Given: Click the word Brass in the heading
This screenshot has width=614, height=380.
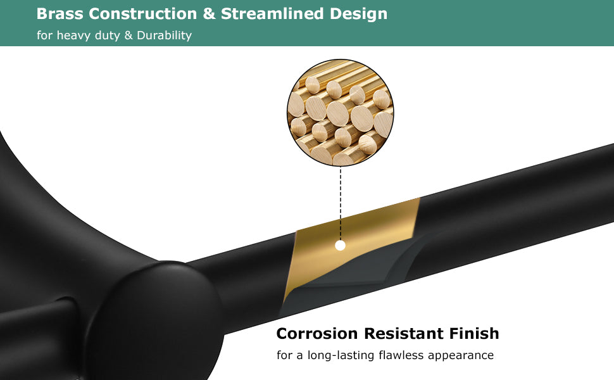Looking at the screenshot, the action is pos(60,14).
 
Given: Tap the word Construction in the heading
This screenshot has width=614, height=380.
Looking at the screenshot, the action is pos(143,14).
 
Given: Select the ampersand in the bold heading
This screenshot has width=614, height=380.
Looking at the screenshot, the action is pos(209,14).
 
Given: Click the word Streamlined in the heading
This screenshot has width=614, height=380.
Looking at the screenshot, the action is pos(272,14).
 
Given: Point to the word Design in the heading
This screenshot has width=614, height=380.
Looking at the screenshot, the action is pos(358,15).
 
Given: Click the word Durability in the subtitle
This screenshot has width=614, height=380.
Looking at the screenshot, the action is pos(164,35).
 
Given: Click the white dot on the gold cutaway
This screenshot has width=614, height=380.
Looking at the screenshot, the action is pos(341,246).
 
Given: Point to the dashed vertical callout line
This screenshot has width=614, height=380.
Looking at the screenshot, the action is pos(341,203).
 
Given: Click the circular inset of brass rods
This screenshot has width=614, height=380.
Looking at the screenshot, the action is pos(341,113).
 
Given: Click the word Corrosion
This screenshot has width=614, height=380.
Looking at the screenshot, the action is pos(316,333).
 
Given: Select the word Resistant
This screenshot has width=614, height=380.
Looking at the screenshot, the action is pos(403,333).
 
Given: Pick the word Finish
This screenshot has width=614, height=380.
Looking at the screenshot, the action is pos(474,333).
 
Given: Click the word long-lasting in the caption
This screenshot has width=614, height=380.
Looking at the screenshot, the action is pos(341,356).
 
